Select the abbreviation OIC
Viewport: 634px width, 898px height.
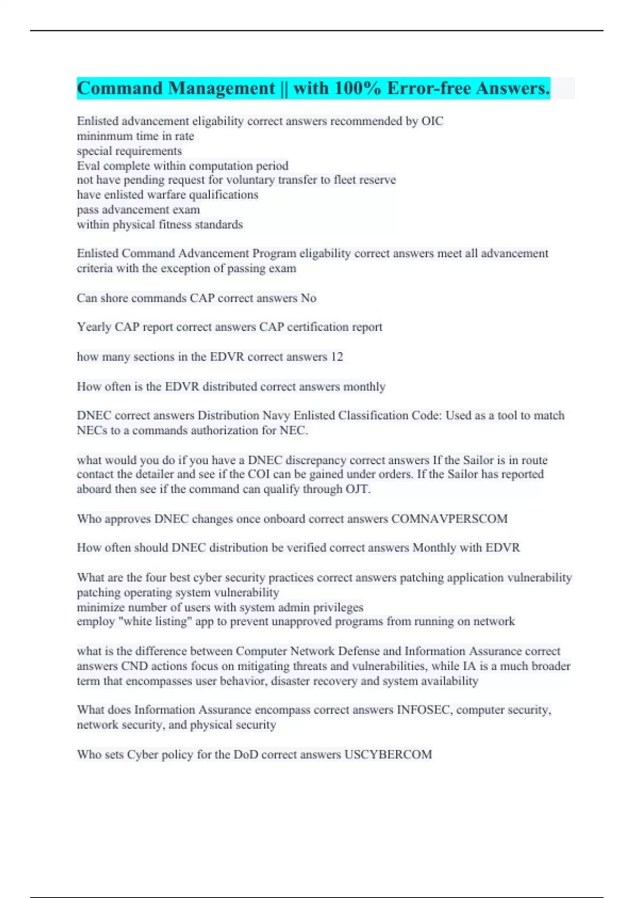pyautogui.click(x=432, y=121)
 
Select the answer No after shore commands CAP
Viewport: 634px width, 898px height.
pyautogui.click(x=309, y=298)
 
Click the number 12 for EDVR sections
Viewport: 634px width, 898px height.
pyautogui.click(x=337, y=357)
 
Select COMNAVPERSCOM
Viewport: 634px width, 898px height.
pyautogui.click(x=449, y=519)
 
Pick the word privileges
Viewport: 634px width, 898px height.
pyautogui.click(x=337, y=607)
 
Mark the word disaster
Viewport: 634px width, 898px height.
pyautogui.click(x=292, y=681)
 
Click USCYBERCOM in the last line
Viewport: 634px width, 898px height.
pyautogui.click(x=388, y=754)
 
